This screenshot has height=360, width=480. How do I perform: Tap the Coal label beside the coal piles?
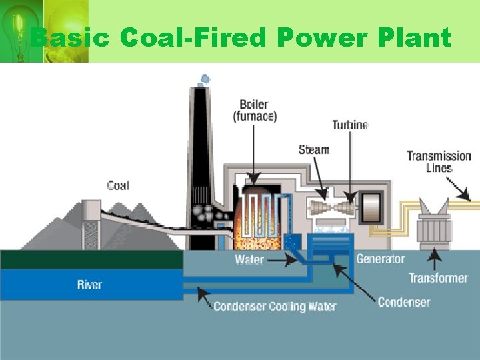tap(118, 185)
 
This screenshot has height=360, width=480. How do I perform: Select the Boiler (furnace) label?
tap(254, 110)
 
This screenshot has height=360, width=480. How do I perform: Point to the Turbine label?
tap(350, 125)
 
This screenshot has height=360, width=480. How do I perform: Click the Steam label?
tap(314, 149)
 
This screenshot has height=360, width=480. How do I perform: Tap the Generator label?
tap(381, 259)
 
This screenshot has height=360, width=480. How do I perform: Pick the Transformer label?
tap(438, 278)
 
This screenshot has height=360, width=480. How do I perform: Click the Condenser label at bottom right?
tap(404, 302)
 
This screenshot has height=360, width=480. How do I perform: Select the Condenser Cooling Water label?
tap(275, 307)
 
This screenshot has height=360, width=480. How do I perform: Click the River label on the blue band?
tap(89, 285)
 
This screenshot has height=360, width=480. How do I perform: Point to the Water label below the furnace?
tap(249, 259)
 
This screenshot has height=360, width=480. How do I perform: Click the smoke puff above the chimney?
tap(204, 79)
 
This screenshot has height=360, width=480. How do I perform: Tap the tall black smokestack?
tap(201, 153)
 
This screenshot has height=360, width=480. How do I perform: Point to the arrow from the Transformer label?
tap(435, 259)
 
